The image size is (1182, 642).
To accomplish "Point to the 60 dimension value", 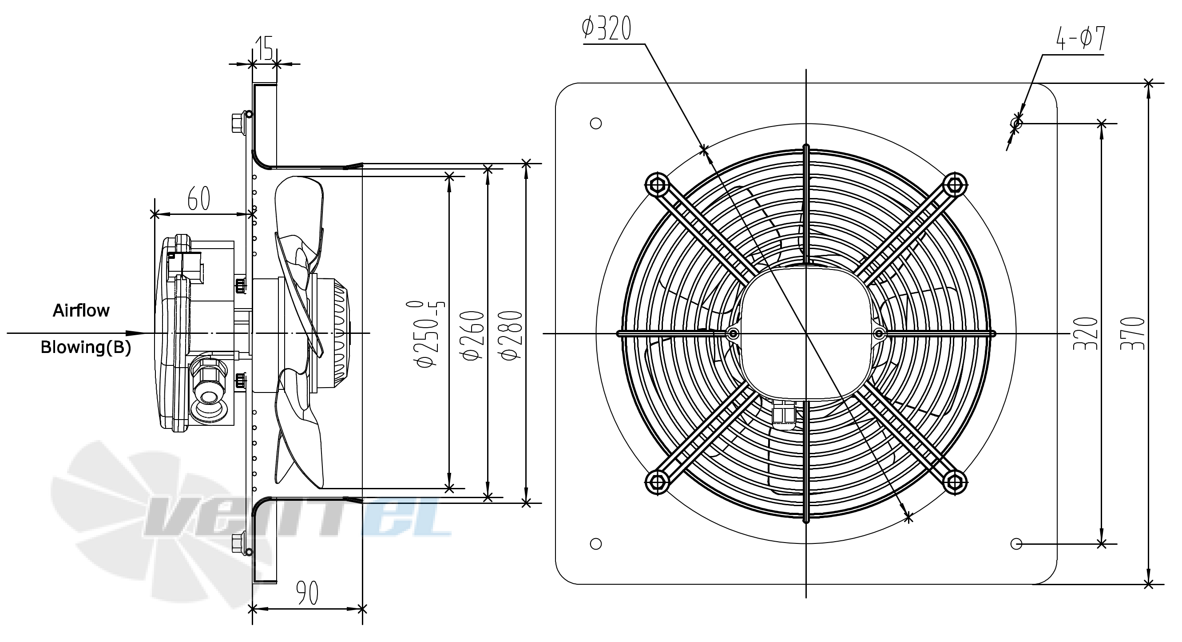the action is (198, 198).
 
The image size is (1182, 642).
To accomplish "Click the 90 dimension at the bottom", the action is (307, 593).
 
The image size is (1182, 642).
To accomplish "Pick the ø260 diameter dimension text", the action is (474, 335).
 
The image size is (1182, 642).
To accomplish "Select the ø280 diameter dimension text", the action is (512, 335).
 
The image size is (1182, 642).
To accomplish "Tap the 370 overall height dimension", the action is (1132, 333).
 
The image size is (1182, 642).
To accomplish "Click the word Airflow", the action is (81, 311).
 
